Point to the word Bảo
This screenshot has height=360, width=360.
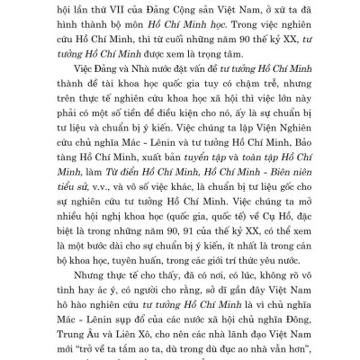[x=306, y=154]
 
